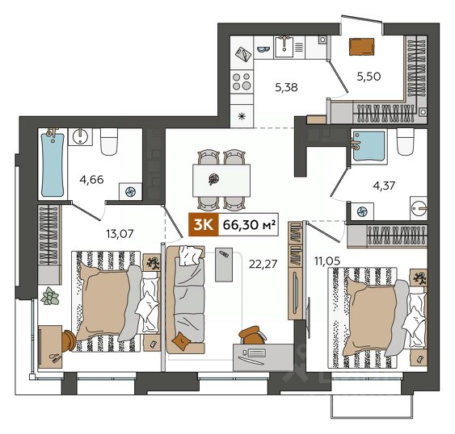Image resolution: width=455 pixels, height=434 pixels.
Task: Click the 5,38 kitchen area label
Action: [286, 87]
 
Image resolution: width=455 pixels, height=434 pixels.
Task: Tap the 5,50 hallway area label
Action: [369, 77]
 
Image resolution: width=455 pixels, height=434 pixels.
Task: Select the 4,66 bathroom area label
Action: [91, 180]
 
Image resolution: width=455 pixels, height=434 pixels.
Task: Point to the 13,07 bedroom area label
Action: [120, 233]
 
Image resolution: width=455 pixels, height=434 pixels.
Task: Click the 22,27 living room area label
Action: [263, 264]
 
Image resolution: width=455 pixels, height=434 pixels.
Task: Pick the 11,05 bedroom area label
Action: [327, 261]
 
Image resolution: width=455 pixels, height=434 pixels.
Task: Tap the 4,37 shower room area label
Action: [384, 186]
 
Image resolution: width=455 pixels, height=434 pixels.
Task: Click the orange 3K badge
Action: [203, 224]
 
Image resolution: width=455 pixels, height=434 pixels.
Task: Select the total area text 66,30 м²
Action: [249, 224]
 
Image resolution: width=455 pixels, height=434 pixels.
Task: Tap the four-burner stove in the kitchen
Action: [242, 81]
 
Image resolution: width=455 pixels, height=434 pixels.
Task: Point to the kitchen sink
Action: [284, 47]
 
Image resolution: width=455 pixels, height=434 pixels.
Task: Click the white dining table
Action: [221, 181]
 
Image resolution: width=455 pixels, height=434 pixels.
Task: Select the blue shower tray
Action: [369, 146]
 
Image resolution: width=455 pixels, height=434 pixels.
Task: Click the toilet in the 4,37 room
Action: [406, 142]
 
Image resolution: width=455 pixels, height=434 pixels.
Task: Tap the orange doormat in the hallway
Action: [361, 47]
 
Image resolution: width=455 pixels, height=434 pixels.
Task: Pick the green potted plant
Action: [50, 296]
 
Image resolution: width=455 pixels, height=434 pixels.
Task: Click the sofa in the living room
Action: [185, 300]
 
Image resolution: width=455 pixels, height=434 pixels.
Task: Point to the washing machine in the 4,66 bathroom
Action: [130, 191]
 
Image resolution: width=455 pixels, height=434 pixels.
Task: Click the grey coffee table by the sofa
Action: [224, 265]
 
